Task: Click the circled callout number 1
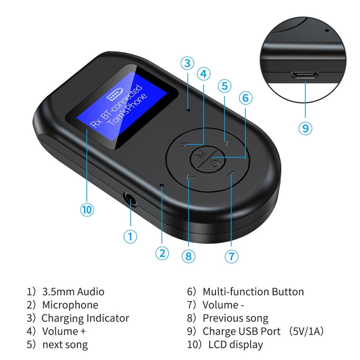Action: click(x=130, y=236)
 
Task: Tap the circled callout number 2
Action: click(x=162, y=253)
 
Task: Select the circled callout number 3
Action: click(x=187, y=63)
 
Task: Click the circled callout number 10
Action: click(x=87, y=209)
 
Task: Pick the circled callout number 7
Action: click(x=231, y=256)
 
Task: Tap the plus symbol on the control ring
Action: click(x=186, y=144)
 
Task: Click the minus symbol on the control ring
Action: click(x=231, y=175)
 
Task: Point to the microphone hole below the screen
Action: click(x=162, y=185)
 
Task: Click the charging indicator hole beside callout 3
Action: click(x=188, y=109)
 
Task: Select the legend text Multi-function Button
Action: click(x=253, y=291)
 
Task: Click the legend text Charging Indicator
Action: click(x=85, y=318)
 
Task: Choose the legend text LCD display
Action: click(x=236, y=344)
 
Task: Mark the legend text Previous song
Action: click(x=235, y=318)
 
